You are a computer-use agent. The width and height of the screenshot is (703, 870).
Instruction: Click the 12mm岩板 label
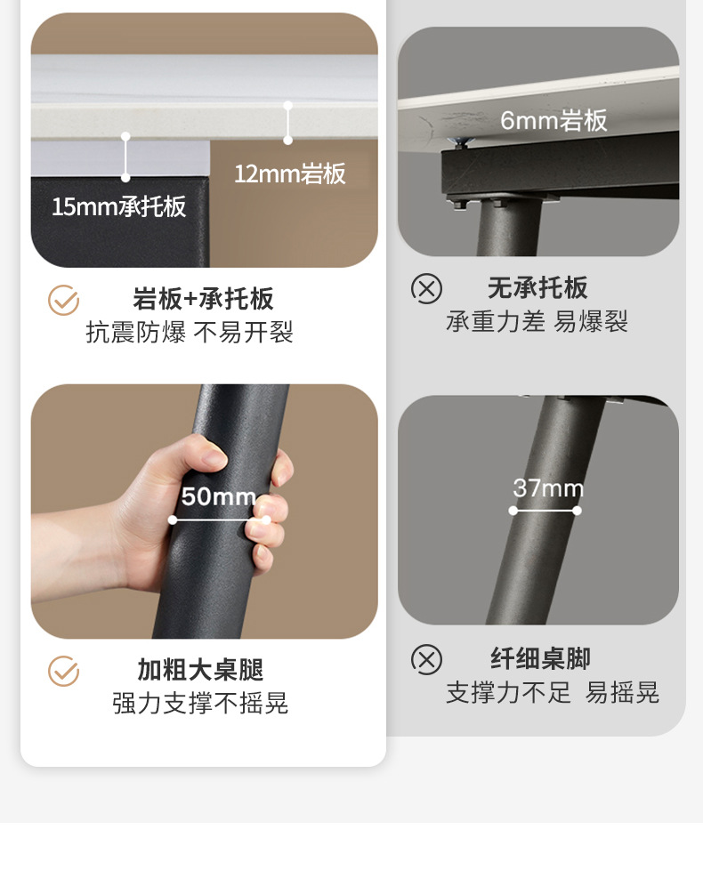pyautogui.click(x=289, y=173)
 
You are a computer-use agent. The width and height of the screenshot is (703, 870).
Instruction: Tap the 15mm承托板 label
pyautogui.click(x=118, y=207)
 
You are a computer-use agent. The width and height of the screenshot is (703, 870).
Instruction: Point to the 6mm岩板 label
pyautogui.click(x=554, y=121)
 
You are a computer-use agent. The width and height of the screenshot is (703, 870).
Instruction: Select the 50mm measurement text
pyautogui.click(x=218, y=496)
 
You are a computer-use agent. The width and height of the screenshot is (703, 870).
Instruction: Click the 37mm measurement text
pyautogui.click(x=548, y=488)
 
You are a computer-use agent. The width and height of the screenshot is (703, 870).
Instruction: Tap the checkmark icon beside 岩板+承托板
pyautogui.click(x=63, y=301)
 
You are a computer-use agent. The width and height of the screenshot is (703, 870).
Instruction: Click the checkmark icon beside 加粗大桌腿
pyautogui.click(x=63, y=672)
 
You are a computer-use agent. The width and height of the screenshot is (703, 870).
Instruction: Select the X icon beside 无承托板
pyautogui.click(x=426, y=289)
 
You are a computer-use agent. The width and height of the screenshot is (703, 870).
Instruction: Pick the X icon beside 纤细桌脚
pyautogui.click(x=426, y=660)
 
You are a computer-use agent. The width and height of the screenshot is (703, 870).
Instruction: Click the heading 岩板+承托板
pyautogui.click(x=203, y=299)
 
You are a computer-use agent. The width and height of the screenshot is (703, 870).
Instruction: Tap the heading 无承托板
pyautogui.click(x=537, y=288)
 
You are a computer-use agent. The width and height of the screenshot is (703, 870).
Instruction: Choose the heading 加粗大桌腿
pyautogui.click(x=200, y=670)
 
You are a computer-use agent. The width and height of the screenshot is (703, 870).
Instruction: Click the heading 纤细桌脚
pyautogui.click(x=540, y=659)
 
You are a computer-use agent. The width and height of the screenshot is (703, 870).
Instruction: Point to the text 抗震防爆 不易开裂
pyautogui.click(x=190, y=333)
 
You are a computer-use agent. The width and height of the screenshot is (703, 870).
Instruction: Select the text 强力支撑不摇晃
pyautogui.click(x=200, y=704)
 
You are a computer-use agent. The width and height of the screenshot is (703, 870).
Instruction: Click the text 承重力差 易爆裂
pyautogui.click(x=537, y=322)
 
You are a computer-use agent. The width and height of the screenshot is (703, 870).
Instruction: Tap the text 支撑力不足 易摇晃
pyautogui.click(x=552, y=693)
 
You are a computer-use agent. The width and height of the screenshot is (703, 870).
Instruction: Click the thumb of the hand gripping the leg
pyautogui.click(x=203, y=458)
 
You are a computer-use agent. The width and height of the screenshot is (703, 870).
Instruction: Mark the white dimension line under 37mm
pyautogui.click(x=545, y=511)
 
